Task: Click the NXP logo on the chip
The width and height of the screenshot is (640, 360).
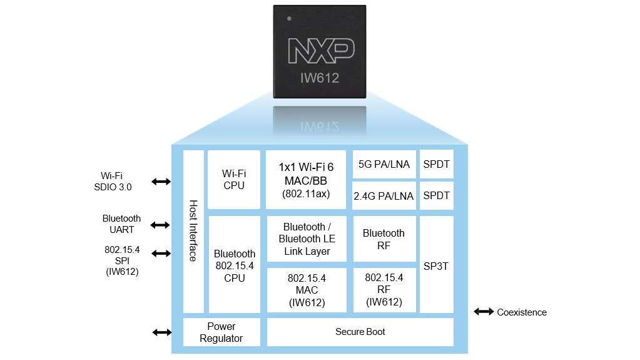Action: tap(321, 51)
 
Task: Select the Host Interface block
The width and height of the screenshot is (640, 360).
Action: tap(193, 231)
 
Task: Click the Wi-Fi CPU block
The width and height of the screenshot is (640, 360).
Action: tap(233, 179)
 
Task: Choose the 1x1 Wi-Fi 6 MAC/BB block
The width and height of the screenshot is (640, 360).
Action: tap(306, 179)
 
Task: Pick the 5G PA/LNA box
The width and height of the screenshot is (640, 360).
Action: tap(384, 164)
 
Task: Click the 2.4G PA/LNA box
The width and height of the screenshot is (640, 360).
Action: tap(384, 195)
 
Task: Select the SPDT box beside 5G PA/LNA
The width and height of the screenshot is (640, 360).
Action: tap(436, 164)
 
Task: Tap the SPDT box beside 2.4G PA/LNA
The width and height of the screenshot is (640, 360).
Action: tap(436, 195)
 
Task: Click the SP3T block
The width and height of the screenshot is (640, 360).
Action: tap(436, 265)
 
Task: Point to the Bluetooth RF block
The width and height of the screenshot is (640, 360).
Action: tap(384, 239)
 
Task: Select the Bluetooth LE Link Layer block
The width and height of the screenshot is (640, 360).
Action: tap(307, 239)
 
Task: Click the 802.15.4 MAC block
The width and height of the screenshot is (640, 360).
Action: tap(307, 291)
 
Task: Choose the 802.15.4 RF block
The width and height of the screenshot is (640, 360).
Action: tap(384, 291)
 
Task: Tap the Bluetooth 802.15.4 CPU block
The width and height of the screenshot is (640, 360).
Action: tap(234, 265)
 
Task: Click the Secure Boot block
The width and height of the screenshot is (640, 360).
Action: tap(360, 332)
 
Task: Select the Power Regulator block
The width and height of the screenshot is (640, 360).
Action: tap(221, 332)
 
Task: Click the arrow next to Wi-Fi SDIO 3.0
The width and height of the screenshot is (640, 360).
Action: tap(161, 182)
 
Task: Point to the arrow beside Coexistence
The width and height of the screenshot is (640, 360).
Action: tap(484, 311)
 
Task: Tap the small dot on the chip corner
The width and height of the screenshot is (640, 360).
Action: tap(288, 19)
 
